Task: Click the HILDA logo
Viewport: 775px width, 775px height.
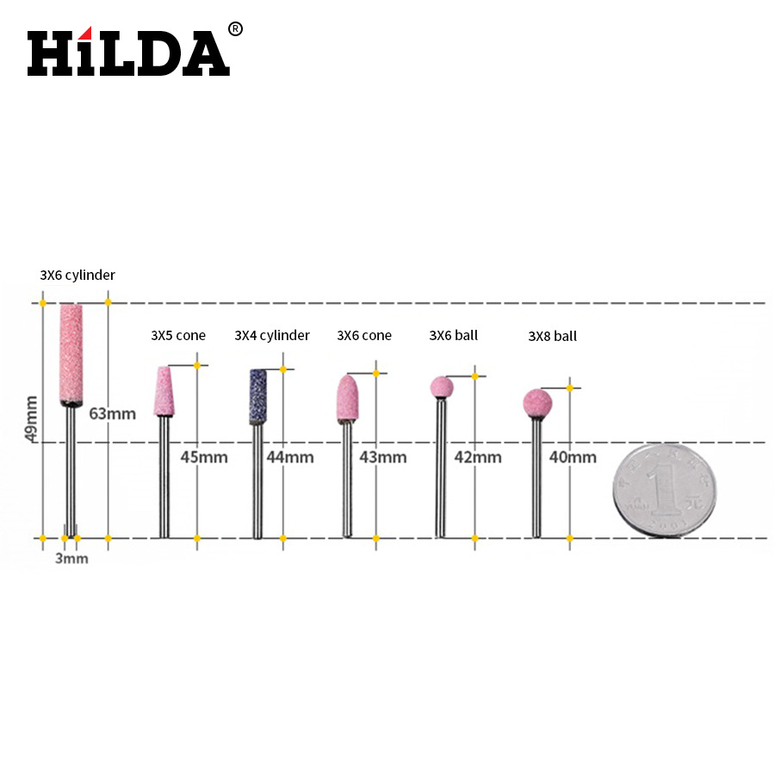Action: point(128,53)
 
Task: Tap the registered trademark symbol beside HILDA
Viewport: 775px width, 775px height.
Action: point(235,29)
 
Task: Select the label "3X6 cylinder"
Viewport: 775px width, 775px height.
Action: point(77,276)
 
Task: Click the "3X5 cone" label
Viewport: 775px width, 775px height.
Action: point(178,336)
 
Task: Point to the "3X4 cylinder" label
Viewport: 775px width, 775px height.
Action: point(272,336)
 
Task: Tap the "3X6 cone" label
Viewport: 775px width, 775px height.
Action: point(364,336)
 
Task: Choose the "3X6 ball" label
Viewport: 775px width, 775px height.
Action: point(454,336)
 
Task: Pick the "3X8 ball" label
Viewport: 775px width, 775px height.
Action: point(552,337)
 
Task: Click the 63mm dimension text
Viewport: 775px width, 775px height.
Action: point(112,413)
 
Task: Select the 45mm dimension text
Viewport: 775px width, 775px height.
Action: point(204,457)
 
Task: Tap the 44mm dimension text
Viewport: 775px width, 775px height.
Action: point(290,457)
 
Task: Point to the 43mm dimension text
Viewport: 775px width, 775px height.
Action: point(382,457)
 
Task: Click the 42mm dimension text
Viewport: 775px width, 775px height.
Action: point(477,457)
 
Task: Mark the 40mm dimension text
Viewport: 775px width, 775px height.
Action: point(573,457)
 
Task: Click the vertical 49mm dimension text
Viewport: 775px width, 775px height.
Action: point(32,418)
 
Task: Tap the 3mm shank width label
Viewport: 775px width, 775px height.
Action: point(71,558)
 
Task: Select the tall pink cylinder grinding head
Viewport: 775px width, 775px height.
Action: point(71,353)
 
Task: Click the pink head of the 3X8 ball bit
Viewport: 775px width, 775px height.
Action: point(537,403)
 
